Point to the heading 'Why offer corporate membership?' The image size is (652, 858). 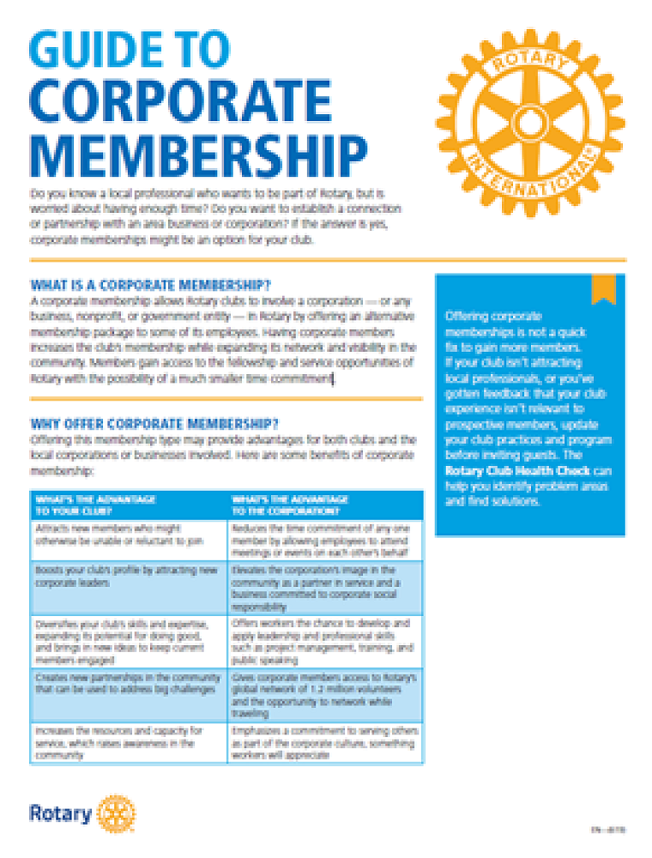(x=154, y=424)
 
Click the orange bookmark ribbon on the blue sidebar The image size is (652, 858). (x=604, y=289)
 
